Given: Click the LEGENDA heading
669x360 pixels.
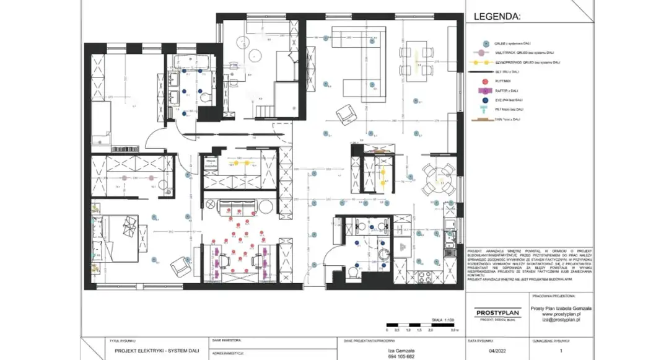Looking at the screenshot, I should click(x=497, y=17).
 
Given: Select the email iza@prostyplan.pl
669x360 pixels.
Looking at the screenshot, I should click(x=561, y=320).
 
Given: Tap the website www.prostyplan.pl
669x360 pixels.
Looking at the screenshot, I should click(x=561, y=314).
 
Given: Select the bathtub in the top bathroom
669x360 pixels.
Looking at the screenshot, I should click(x=191, y=61).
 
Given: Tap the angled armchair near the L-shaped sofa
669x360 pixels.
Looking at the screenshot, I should click(x=344, y=115).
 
